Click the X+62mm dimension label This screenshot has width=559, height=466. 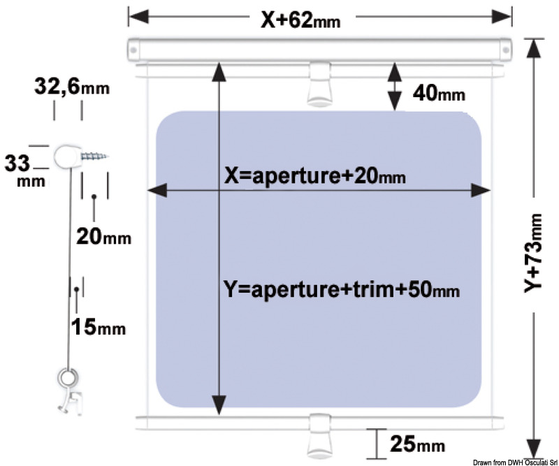(x=301, y=20)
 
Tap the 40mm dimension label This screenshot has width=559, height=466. (x=439, y=94)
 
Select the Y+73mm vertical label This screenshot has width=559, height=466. (x=534, y=253)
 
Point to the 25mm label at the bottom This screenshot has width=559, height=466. (x=417, y=444)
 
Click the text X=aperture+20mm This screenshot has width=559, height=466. (x=315, y=176)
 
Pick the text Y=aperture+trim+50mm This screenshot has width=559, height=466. (x=341, y=289)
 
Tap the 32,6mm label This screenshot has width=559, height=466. (x=72, y=87)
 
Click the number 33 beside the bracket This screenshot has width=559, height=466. (x=17, y=163)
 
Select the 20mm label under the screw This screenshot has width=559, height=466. (x=103, y=236)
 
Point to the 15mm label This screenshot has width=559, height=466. (x=99, y=326)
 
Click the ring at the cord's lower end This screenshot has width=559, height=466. (x=67, y=377)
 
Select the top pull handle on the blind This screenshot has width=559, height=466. (x=319, y=84)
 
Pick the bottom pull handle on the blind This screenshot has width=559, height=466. (x=319, y=436)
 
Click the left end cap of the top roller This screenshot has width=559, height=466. (x=133, y=50)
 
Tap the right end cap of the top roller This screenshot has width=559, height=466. (x=505, y=50)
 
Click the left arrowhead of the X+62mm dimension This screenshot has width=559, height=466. (x=138, y=16)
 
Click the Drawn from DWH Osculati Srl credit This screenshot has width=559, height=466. (x=516, y=463)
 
